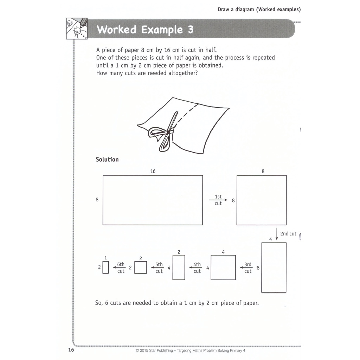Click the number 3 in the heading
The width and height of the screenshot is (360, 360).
(x=191, y=30)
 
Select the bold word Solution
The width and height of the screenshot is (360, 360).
(x=107, y=160)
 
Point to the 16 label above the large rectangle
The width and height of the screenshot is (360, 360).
(x=153, y=171)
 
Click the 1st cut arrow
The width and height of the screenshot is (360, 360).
(x=218, y=200)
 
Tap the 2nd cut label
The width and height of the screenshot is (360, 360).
(x=288, y=234)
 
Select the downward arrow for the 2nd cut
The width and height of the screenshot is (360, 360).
(x=277, y=234)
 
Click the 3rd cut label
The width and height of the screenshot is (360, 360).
(x=248, y=268)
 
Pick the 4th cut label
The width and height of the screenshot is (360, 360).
(x=197, y=268)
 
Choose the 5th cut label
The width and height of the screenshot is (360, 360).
(x=159, y=268)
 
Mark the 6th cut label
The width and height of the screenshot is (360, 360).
(x=121, y=268)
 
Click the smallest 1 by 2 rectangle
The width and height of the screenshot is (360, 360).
(x=105, y=268)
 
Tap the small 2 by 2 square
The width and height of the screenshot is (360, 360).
(x=141, y=268)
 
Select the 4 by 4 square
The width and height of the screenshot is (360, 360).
(x=223, y=268)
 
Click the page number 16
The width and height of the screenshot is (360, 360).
(x=71, y=350)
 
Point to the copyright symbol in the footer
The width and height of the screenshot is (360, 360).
(x=137, y=351)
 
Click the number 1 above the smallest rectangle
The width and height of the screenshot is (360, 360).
(x=105, y=258)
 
